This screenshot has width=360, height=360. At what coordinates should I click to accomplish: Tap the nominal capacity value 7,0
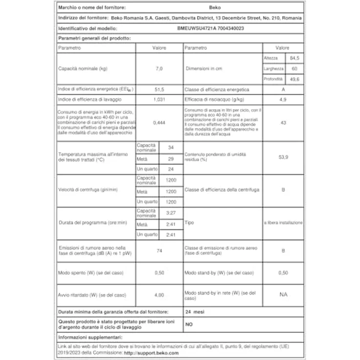[x=158, y=68]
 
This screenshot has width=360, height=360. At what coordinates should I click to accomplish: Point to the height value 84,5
[x=294, y=58]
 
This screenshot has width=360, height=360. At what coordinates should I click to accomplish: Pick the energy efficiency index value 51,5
[x=158, y=90]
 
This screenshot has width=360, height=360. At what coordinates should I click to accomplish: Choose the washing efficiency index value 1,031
[x=158, y=100]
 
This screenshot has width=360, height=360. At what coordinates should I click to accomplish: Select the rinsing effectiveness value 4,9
[x=282, y=100]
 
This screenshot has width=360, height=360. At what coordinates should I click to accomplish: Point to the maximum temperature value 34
[x=170, y=148]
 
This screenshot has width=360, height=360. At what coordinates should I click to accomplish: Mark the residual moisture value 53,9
[x=282, y=157]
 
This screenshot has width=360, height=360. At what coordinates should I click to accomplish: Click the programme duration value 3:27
[x=170, y=213]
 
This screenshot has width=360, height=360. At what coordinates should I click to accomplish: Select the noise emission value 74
[x=158, y=251]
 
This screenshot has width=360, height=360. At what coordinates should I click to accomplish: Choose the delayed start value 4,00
[x=158, y=295]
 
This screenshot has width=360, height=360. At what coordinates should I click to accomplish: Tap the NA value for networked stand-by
[x=282, y=295]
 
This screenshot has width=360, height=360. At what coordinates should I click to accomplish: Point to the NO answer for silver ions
[x=189, y=324]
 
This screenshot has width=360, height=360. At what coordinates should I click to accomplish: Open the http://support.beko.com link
[x=151, y=353]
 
